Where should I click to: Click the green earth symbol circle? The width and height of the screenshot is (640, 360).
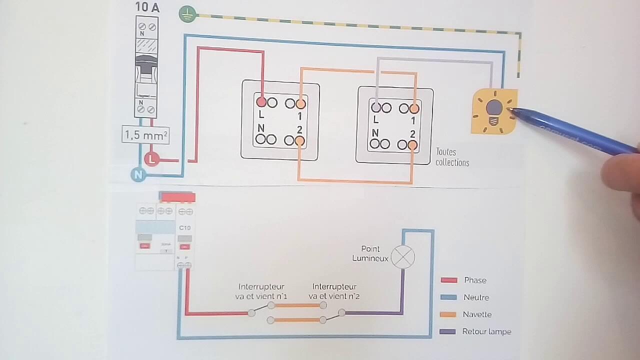tap(187, 14)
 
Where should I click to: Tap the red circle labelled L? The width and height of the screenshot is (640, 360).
tap(152, 159)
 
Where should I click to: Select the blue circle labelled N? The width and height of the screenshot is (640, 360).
tap(138, 174)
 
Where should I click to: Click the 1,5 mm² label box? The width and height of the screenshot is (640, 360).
tap(145, 135)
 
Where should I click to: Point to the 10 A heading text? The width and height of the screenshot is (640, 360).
tap(147, 7)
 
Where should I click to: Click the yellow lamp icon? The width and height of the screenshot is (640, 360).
tap(494, 111)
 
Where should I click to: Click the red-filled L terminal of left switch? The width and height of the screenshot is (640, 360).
tap(261, 102)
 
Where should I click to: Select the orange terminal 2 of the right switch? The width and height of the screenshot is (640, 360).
tap(412, 145)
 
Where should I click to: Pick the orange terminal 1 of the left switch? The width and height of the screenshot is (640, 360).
tap(300, 104)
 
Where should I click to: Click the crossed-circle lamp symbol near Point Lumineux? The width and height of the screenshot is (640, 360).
tap(402, 257)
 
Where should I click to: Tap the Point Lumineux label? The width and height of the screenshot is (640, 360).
tap(370, 253)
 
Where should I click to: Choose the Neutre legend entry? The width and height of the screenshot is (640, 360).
tap(475, 297)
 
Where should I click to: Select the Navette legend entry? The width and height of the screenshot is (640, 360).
tap(476, 314)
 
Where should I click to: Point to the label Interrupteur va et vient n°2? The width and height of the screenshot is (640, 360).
tap(334, 291)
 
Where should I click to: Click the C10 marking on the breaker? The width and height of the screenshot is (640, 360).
tap(184, 228)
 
